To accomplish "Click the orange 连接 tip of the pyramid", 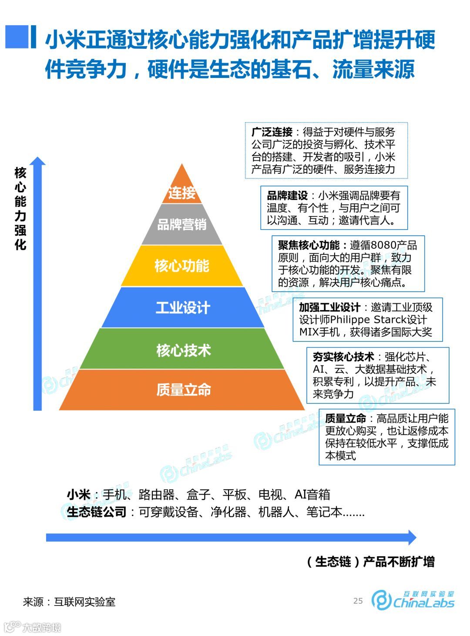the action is point(182,192).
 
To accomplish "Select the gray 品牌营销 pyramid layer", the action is point(182,224).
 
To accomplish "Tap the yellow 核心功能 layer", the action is point(182,265).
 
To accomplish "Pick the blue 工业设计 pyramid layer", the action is point(183,308).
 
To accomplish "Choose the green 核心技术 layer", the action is point(183,350).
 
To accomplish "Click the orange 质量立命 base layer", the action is point(183,389).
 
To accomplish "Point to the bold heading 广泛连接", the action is point(272,132).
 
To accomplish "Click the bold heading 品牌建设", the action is point(287,196).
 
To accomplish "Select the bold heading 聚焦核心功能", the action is point(309,245).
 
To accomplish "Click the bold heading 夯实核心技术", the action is point(343,357).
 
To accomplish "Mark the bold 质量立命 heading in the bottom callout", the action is point(345,419).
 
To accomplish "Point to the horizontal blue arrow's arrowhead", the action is point(411,537).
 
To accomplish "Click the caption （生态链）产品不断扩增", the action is point(370,562).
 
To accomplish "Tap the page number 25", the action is point(358,601).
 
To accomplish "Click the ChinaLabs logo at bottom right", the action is point(412,600).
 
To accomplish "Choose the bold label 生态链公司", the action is point(96,512).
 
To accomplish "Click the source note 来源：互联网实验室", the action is point(69,602).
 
